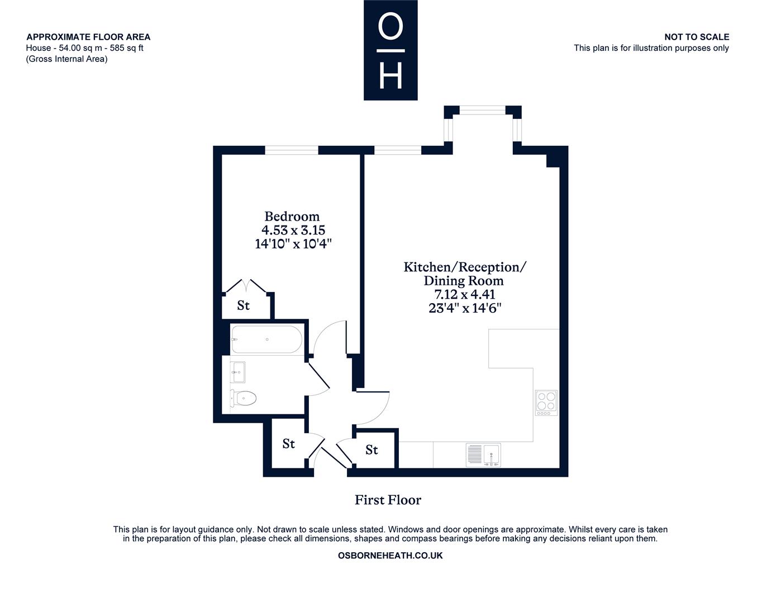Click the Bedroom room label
[x=292, y=216]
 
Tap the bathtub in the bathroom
[x=266, y=339]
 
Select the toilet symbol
[x=244, y=398]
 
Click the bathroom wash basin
[x=237, y=372]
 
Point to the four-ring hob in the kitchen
[x=546, y=403]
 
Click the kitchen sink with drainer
[x=483, y=455]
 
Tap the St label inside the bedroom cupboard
[x=244, y=305]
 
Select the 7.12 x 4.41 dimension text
[x=465, y=294]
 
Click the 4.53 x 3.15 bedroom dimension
[x=293, y=230]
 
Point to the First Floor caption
[x=388, y=500]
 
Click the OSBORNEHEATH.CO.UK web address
[x=390, y=556]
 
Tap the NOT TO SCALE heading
[x=697, y=37]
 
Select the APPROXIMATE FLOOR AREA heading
[x=88, y=37]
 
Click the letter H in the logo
[x=390, y=76]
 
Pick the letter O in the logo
[x=390, y=26]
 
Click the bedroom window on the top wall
[x=292, y=150]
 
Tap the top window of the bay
[x=482, y=110]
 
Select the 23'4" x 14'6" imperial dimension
[x=465, y=308]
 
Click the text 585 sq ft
[x=126, y=48]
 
